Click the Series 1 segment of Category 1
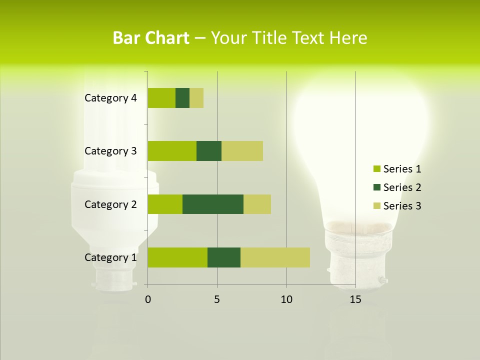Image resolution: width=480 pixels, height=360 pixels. [177, 257]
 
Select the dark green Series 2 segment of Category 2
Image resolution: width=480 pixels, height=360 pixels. [213, 204]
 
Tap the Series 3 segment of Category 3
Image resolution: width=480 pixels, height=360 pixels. [242, 151]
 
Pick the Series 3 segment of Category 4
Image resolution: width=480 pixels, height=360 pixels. [196, 98]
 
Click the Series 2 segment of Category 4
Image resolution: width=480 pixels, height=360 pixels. [182, 98]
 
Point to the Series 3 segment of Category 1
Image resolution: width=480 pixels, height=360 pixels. [275, 257]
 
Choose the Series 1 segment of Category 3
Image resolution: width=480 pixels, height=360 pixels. [172, 151]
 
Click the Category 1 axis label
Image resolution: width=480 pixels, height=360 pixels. [110, 257]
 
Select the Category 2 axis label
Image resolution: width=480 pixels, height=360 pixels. [110, 204]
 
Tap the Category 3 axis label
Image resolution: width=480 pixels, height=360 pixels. [110, 151]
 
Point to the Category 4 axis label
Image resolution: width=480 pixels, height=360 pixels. [110, 98]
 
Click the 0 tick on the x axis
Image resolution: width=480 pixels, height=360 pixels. [148, 299]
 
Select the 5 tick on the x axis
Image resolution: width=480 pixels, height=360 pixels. [217, 299]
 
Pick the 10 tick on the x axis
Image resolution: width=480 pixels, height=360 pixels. [286, 299]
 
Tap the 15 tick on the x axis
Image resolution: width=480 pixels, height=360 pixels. [355, 299]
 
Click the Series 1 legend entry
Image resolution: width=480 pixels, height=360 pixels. [397, 169]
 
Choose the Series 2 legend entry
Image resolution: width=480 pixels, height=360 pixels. [397, 187]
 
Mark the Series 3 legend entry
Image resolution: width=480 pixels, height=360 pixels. [397, 206]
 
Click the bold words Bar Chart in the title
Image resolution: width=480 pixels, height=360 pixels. [150, 38]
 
